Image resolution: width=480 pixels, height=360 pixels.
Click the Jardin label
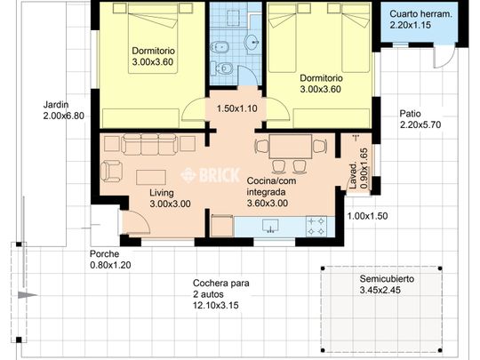(56, 105)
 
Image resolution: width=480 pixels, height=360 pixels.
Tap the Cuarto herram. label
(420, 14)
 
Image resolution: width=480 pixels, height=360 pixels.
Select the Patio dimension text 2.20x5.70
(420, 124)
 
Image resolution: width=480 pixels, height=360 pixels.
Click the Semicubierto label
(387, 279)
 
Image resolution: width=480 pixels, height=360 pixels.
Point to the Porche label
(104, 253)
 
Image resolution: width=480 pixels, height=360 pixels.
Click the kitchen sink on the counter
(270, 226)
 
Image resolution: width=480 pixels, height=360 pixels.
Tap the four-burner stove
(316, 227)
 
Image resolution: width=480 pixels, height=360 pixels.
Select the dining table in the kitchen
(290, 147)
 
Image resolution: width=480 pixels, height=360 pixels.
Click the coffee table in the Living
(151, 177)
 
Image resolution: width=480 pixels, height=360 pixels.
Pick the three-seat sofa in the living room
(149, 144)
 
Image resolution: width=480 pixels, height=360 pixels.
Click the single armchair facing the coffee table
(111, 172)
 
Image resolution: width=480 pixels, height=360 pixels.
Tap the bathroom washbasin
(252, 42)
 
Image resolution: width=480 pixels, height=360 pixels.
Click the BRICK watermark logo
(210, 175)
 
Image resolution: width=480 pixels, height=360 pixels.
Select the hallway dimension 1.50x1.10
(237, 108)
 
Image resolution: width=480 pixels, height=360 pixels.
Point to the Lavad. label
(353, 175)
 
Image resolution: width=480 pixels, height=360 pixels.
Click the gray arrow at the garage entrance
(28, 295)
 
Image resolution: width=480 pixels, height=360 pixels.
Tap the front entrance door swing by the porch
(137, 222)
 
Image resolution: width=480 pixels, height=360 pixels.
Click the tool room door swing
(444, 57)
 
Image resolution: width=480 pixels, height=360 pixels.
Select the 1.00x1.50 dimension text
(367, 216)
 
